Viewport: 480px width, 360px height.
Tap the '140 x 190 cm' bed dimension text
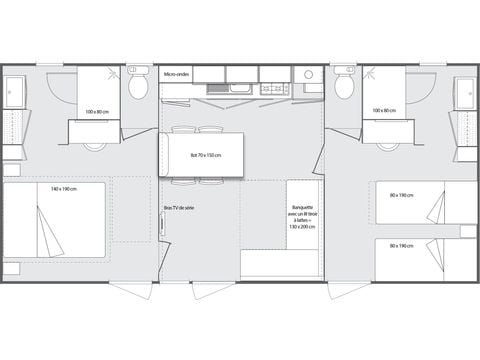click(x=64, y=188)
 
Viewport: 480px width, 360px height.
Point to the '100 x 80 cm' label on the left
click(x=98, y=111)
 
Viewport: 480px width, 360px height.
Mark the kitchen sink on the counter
click(x=239, y=89)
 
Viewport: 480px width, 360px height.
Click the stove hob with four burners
click(x=274, y=89)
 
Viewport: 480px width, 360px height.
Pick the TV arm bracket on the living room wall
click(x=162, y=225)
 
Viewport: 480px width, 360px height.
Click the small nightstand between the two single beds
click(x=467, y=231)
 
